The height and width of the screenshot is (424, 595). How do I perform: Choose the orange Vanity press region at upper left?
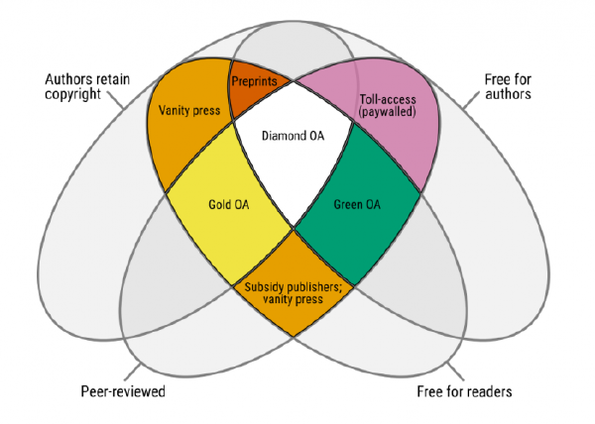(188, 114)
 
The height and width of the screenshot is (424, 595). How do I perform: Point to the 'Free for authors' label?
(509, 86)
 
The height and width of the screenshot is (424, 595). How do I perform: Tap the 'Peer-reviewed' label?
(122, 391)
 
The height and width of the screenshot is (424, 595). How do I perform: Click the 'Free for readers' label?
(465, 391)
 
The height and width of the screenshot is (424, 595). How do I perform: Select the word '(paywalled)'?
(387, 113)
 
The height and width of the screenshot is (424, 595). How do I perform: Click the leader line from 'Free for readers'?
(448, 369)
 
